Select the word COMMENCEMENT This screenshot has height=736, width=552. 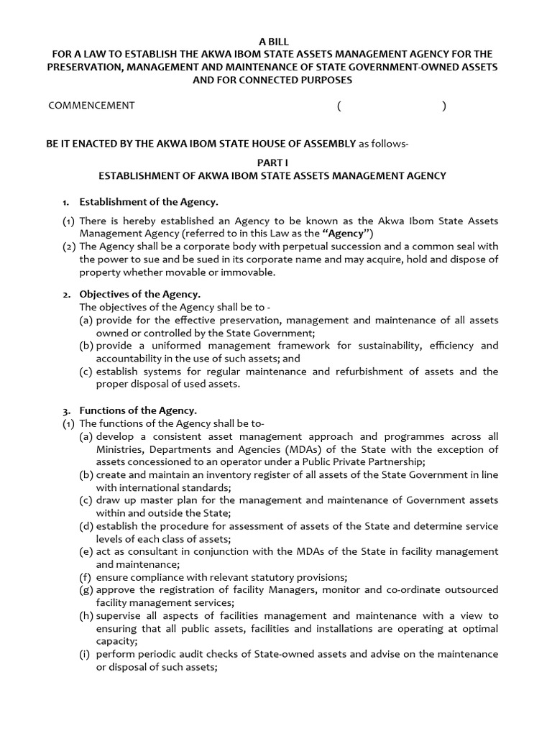click(91, 106)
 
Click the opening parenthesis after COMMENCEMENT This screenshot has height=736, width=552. click(339, 106)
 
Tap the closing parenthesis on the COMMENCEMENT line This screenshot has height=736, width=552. click(443, 106)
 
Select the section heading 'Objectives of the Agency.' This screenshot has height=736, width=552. click(139, 295)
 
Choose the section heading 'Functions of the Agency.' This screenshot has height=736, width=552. click(137, 410)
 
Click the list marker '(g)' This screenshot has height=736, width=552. click(86, 590)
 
